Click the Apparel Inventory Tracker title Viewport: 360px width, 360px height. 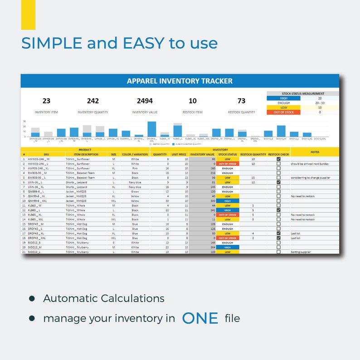coord(180,81)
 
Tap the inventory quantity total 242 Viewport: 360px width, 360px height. coord(92,101)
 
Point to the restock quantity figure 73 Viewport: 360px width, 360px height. coord(241,101)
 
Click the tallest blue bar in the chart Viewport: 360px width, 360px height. coord(151,129)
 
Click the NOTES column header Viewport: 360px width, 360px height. coord(315,152)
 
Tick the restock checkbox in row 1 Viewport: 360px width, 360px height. coord(278,159)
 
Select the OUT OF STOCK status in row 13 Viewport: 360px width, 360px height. coord(228,215)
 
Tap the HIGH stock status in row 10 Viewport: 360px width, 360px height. coord(228,201)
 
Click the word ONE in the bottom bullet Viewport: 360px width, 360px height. coord(200,318)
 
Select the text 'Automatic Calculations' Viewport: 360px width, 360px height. coord(104,298)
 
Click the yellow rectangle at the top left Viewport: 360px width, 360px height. coord(28,15)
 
